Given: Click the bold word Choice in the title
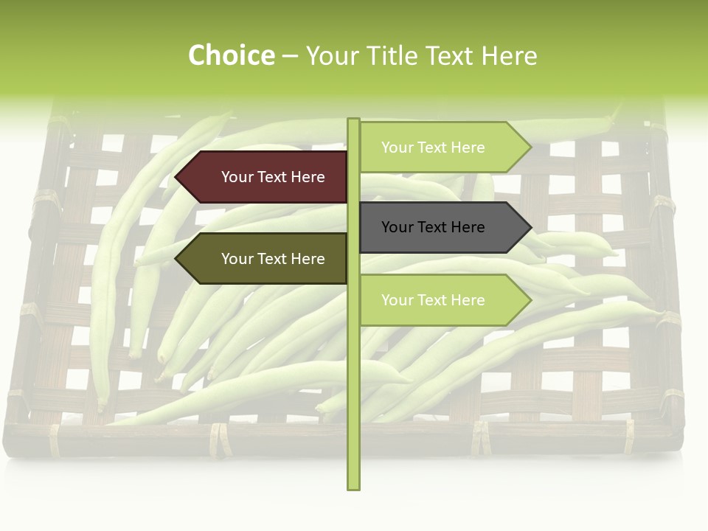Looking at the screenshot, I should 231,55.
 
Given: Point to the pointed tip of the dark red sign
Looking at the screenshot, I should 177,177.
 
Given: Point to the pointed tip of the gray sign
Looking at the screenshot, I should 530,227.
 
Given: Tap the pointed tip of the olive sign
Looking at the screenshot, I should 177,259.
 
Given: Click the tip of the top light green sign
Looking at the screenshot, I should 530,147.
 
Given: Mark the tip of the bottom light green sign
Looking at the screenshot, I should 530,300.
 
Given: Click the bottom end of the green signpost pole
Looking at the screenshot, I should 353,487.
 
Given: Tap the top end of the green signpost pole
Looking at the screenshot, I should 353,120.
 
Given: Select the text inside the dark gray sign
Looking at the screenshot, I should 433,227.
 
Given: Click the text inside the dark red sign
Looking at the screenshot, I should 273,177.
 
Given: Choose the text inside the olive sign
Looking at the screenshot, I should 273,259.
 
